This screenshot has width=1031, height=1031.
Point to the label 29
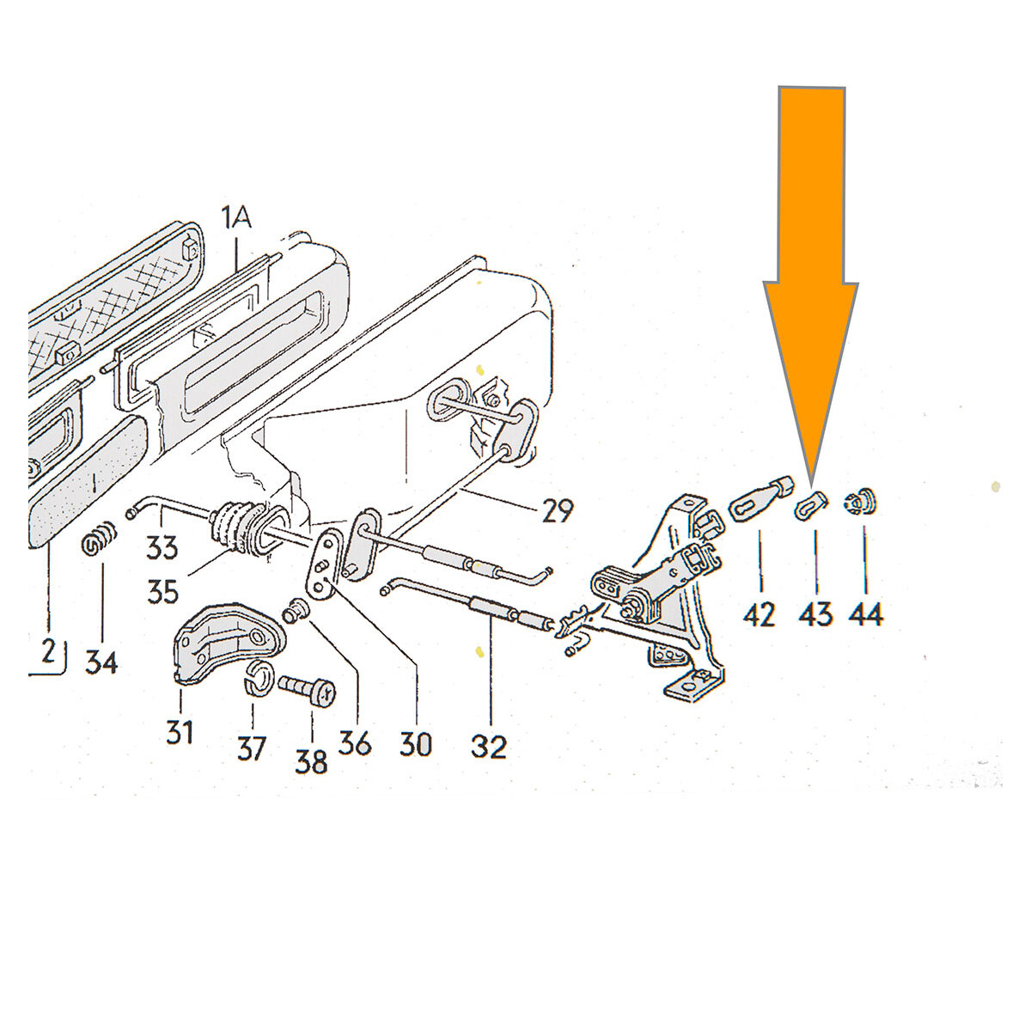tap(558, 510)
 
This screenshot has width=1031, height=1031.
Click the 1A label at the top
tap(235, 218)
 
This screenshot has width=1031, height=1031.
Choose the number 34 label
tap(101, 663)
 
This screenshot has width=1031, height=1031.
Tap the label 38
tap(311, 761)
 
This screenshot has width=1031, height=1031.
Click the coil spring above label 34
tap(99, 537)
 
